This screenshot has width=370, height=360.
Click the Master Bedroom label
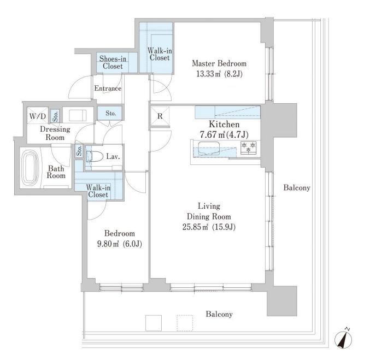[x=219, y=63]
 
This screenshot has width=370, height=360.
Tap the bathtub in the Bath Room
[x=30, y=168]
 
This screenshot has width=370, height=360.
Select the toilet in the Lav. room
[x=95, y=156]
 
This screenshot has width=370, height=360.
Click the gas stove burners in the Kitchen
[x=249, y=147]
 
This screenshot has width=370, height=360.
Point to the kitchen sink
[x=209, y=149]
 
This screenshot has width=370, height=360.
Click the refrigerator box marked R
[x=160, y=116]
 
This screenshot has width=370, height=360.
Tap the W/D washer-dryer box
[x=38, y=116]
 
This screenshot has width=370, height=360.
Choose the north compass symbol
[x=343, y=339]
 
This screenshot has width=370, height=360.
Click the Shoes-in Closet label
[x=113, y=62]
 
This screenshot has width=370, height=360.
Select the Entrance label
[x=108, y=88]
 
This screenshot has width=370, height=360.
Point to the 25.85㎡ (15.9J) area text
[x=209, y=227]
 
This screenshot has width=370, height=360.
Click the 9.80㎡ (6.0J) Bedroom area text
[x=120, y=244]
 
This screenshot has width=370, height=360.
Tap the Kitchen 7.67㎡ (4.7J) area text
[x=224, y=134]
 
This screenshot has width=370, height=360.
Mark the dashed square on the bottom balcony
[x=185, y=323]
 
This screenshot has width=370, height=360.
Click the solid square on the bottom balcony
[x=154, y=323]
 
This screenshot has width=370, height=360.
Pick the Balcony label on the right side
[x=297, y=188]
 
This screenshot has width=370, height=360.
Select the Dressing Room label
[x=55, y=133]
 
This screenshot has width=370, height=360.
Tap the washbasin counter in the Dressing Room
[x=78, y=116]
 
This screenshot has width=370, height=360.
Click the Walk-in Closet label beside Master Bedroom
[x=160, y=54]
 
